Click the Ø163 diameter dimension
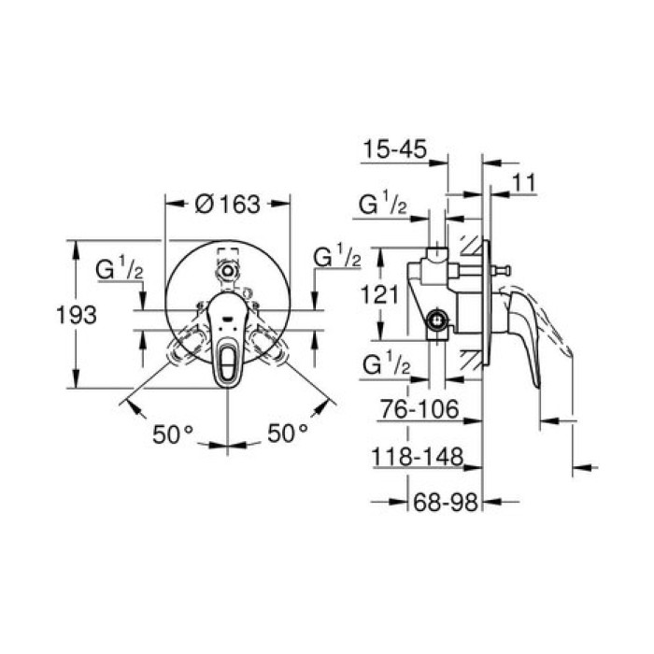[227, 203]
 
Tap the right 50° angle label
[288, 434]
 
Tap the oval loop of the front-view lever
[228, 360]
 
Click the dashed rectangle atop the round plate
[227, 254]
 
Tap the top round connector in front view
[227, 271]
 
